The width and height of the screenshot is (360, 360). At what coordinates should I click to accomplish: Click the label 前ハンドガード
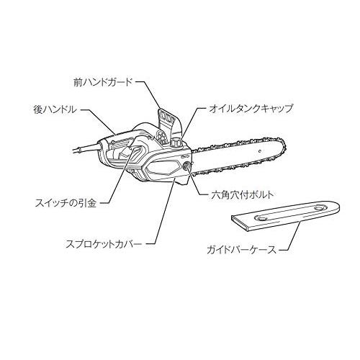103,82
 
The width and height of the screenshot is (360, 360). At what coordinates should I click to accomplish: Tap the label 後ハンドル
55,109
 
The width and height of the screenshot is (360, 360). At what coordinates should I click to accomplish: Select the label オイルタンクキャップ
251,109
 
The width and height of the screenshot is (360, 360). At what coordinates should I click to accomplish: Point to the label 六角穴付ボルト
243,194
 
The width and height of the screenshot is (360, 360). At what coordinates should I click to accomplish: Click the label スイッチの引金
66,203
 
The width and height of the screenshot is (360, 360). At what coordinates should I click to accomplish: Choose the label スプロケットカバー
104,244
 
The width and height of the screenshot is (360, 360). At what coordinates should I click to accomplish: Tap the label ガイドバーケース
242,250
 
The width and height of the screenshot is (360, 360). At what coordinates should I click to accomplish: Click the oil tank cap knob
176,143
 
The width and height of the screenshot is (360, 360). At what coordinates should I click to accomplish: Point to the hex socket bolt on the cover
186,166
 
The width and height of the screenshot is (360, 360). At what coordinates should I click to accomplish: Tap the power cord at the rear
86,148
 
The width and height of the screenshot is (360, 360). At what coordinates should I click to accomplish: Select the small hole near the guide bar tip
259,151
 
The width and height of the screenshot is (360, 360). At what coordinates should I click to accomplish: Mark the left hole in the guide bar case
261,218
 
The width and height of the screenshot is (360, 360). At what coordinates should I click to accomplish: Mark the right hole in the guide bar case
319,208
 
